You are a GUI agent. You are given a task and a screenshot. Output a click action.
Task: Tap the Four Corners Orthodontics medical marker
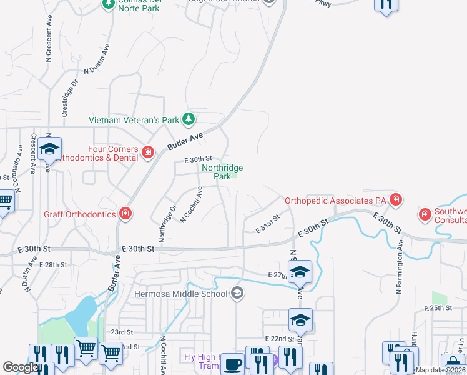tap(148, 152)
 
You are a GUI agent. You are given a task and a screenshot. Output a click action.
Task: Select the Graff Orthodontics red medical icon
tap(125, 214)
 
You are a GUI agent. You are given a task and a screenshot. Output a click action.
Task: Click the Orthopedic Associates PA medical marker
tap(395, 201)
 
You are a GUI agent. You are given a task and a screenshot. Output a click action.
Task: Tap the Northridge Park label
tap(222, 172)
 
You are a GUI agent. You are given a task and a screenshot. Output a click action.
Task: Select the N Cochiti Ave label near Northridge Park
tap(191, 204)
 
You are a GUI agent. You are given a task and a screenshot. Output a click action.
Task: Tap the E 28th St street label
tap(53, 265)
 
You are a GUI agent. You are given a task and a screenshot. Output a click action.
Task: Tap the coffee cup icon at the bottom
tap(234, 364)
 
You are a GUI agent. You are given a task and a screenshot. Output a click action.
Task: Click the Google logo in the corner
tap(20, 367)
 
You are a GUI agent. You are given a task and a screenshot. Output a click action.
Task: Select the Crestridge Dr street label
tap(70, 98)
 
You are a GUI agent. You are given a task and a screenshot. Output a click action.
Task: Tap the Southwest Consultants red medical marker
tap(425, 215)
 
